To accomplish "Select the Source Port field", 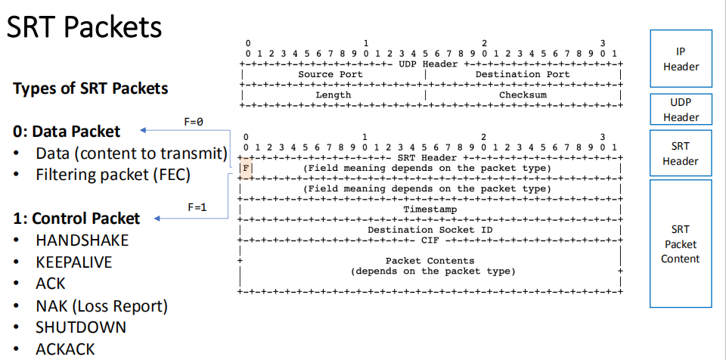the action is click(330, 75).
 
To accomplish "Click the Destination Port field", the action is click(523, 75).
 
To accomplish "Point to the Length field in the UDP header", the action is click(333, 95).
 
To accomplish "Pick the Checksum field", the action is click(523, 95).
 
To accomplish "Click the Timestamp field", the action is click(430, 209).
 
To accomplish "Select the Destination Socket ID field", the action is click(430, 229).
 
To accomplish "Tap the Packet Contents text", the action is click(430, 260).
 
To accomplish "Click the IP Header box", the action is click(681, 59).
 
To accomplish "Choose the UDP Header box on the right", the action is click(681, 110).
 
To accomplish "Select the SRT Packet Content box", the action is click(681, 244).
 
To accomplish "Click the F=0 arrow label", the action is click(194, 120).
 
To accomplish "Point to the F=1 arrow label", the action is click(197, 206).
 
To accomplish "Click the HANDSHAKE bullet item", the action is click(82, 241).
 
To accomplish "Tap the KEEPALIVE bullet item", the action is click(73, 262).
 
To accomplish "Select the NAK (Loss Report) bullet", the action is click(101, 306).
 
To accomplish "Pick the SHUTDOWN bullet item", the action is click(81, 328).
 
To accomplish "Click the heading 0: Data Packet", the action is click(67, 132).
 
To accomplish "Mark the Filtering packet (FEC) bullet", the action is click(113, 175).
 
